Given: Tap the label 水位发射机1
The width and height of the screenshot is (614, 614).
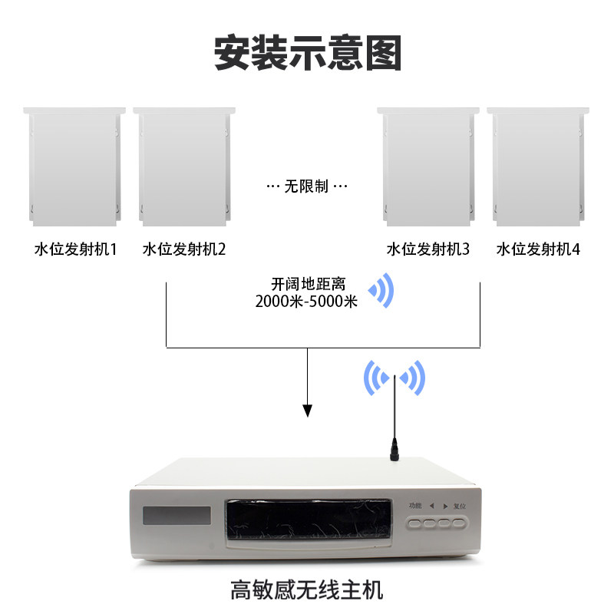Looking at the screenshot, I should pyautogui.click(x=75, y=249).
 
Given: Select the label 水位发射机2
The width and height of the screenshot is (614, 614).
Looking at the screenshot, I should pyautogui.click(x=183, y=249).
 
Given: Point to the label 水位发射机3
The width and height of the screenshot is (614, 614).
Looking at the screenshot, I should pyautogui.click(x=427, y=249).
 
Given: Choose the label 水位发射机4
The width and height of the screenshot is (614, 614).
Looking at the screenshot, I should pyautogui.click(x=538, y=249).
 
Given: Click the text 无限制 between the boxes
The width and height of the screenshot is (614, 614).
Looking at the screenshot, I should pyautogui.click(x=306, y=187).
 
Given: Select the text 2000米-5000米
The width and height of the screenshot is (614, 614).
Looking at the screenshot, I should pyautogui.click(x=306, y=302).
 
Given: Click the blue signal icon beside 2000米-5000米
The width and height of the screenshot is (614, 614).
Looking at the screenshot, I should pyautogui.click(x=381, y=291).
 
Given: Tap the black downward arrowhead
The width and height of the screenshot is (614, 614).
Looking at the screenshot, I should pyautogui.click(x=308, y=410).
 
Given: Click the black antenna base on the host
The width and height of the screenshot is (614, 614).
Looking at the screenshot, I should pyautogui.click(x=395, y=450).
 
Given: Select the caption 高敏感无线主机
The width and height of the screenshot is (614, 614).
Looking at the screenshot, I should pyautogui.click(x=306, y=591).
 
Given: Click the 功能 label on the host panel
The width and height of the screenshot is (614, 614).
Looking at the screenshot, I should pyautogui.click(x=415, y=506).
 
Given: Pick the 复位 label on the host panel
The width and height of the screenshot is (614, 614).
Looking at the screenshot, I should pyautogui.click(x=460, y=506).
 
